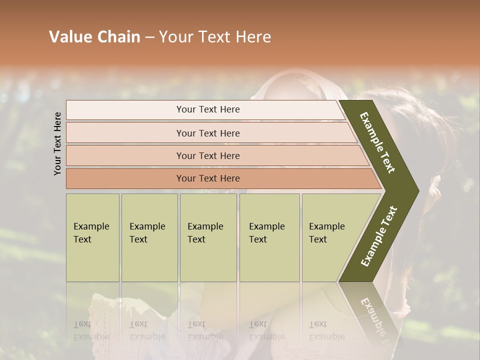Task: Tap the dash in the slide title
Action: pos(149,37)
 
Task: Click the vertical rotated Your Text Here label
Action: pos(57,143)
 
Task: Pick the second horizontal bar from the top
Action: pos(207,133)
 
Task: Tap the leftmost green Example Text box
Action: pos(92,237)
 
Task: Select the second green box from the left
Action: pos(149,237)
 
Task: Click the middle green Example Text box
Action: pos(208,237)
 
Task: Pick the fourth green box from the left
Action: pos(269,237)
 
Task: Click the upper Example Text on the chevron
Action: pos(377,142)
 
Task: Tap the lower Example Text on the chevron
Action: pos(379,236)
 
